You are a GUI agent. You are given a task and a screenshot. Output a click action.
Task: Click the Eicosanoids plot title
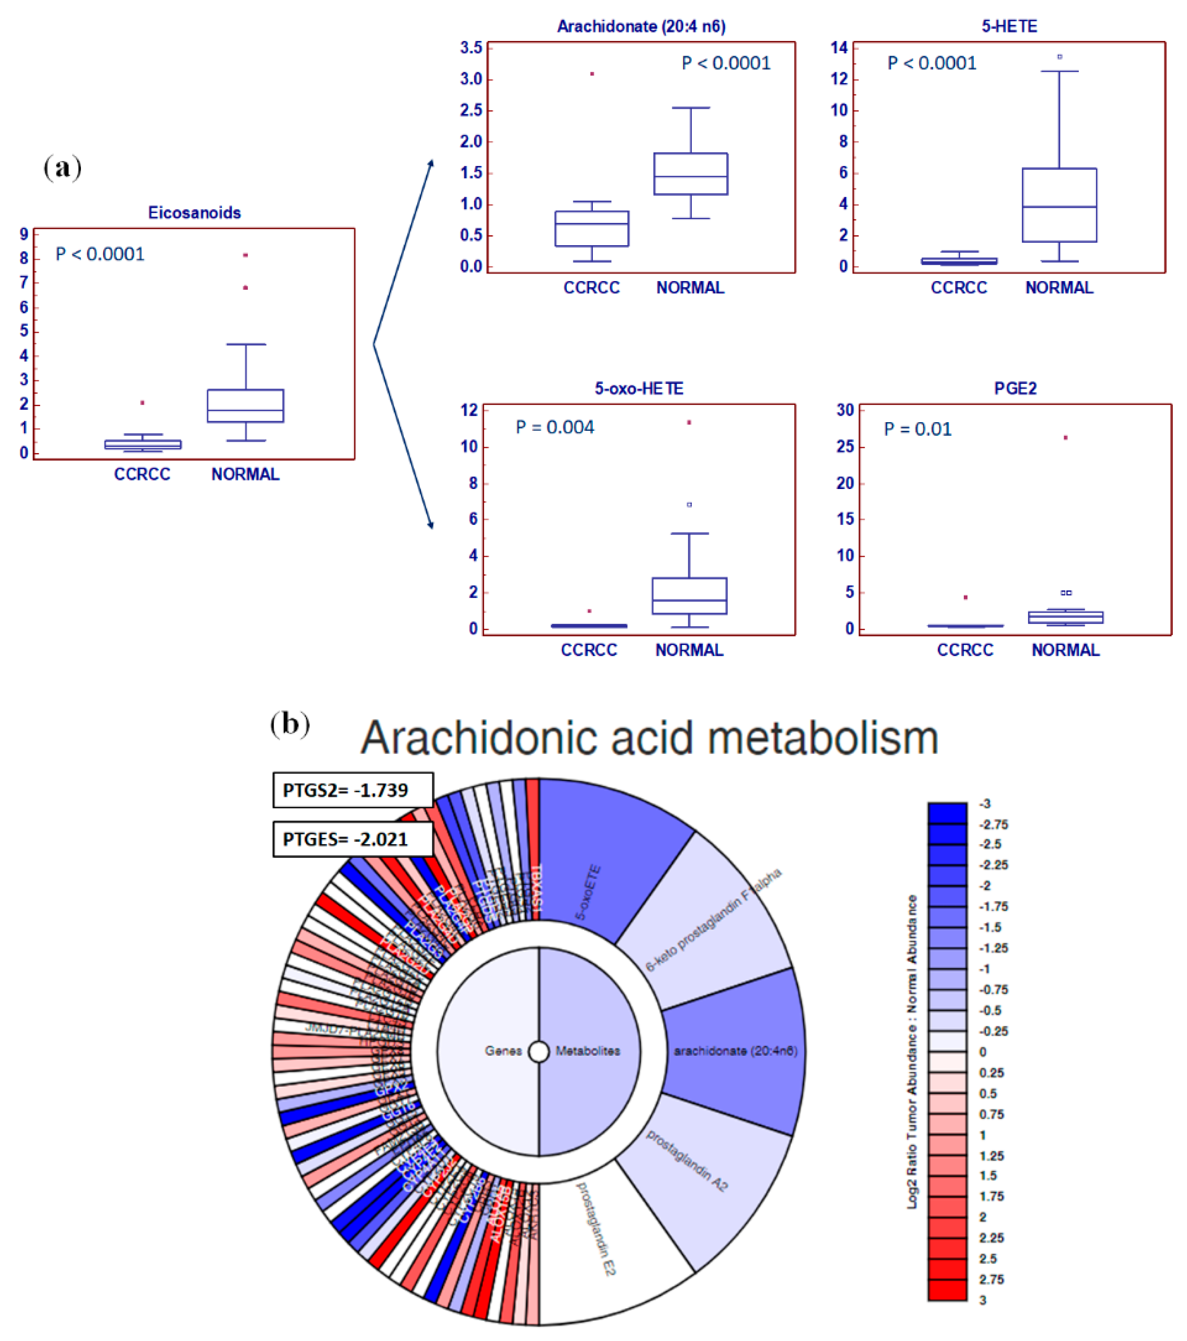click(194, 212)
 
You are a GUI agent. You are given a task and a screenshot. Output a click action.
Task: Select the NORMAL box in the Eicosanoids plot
click(245, 405)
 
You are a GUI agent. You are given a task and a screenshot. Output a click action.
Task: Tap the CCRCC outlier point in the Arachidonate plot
click(592, 74)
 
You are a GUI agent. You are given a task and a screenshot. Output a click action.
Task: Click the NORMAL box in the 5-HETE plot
click(1059, 205)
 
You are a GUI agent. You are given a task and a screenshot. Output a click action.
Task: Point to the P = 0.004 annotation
click(555, 427)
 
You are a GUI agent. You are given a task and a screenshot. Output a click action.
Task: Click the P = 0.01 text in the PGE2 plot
click(917, 429)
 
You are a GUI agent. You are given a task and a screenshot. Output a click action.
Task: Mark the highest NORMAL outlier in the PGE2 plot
click(1066, 438)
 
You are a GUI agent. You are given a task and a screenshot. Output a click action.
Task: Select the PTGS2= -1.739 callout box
click(353, 790)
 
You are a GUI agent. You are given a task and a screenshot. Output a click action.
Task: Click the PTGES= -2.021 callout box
click(353, 839)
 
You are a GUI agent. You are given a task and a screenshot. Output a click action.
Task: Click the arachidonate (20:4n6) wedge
click(735, 1051)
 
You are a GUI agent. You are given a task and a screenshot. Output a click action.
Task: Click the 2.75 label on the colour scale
click(991, 1279)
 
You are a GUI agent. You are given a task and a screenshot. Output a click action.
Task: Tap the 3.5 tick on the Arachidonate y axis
click(471, 48)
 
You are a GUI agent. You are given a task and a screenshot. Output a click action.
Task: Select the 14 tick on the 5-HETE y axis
click(839, 48)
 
